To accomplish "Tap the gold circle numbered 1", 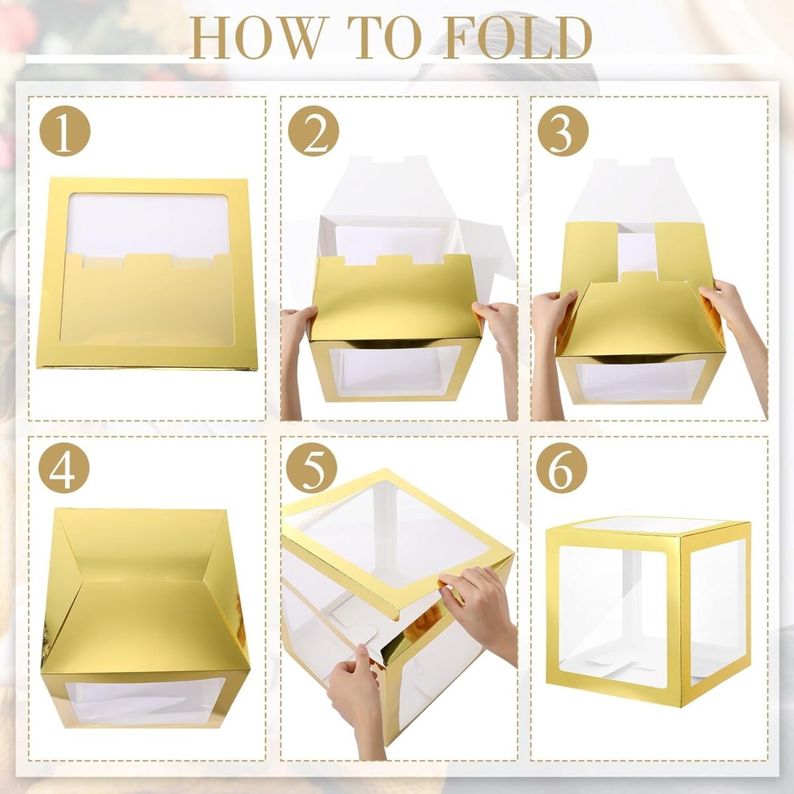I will pyautogui.click(x=64, y=133).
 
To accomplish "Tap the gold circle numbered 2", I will pyautogui.click(x=314, y=133).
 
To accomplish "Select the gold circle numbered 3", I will pyautogui.click(x=562, y=133).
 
